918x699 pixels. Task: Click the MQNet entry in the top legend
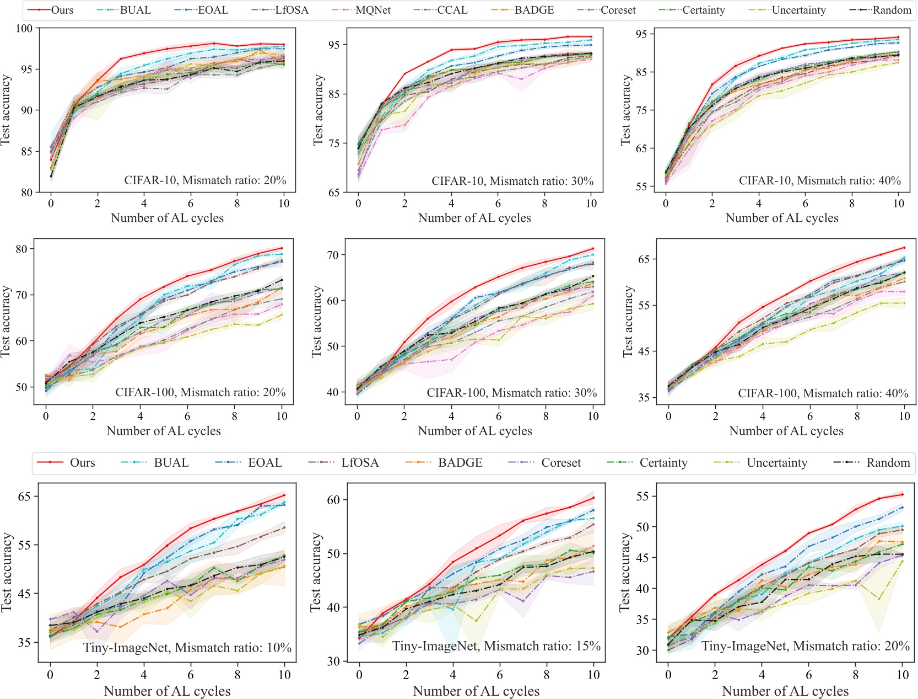(373, 10)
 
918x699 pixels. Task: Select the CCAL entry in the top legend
(452, 10)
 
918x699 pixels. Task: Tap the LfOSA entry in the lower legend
(360, 462)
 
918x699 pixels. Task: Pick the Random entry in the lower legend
(888, 462)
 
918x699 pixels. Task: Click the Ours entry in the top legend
(62, 10)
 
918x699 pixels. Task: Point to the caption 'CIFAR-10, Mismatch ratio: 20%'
(205, 180)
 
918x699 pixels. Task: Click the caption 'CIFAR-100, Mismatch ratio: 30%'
(511, 393)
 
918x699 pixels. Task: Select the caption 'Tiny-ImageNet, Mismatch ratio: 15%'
(496, 646)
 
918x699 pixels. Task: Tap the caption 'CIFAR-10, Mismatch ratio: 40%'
(819, 180)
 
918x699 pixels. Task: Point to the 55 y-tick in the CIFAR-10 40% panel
(641, 186)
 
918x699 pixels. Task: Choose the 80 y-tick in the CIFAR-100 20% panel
(21, 249)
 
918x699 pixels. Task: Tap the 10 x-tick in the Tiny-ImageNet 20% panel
(903, 674)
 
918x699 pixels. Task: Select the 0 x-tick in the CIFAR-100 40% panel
(668, 416)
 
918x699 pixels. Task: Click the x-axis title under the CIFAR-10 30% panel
(474, 218)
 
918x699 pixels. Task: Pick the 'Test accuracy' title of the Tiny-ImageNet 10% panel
(7, 572)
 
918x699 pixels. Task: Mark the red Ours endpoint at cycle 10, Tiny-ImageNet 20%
(903, 494)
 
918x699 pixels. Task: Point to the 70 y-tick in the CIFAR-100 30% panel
(333, 255)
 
